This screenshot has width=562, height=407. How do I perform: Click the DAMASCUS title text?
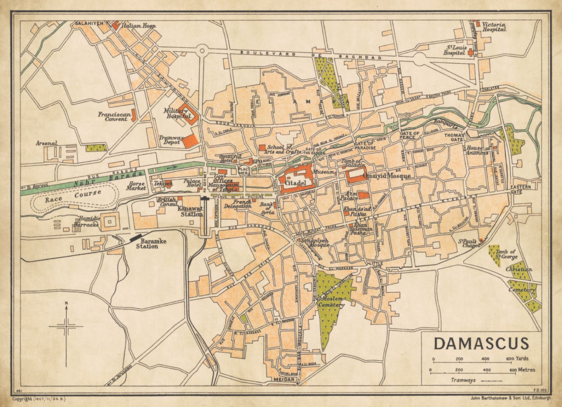[x=481, y=343]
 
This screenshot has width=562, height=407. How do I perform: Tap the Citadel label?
[x=295, y=183]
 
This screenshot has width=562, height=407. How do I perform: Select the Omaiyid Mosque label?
[x=389, y=176]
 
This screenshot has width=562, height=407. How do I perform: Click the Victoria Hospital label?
[x=494, y=27]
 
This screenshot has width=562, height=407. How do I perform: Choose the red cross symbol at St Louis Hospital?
[x=470, y=53]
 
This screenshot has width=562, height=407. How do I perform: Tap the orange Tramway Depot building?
[x=190, y=141]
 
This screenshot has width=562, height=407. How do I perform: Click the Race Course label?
[x=73, y=196]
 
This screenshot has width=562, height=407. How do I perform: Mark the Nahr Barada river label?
[x=108, y=178]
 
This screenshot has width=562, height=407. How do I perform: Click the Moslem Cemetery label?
[x=331, y=302]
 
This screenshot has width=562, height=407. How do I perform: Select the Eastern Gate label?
[x=521, y=189]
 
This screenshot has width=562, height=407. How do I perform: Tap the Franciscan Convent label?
[x=113, y=117]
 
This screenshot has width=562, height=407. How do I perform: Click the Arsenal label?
[x=46, y=143]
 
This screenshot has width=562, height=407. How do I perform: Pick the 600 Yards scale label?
[x=517, y=359]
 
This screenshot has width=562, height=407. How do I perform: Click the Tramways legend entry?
[x=463, y=380]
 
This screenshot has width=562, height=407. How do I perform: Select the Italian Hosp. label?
[x=138, y=26]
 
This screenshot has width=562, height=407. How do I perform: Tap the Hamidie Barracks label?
[x=87, y=222]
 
